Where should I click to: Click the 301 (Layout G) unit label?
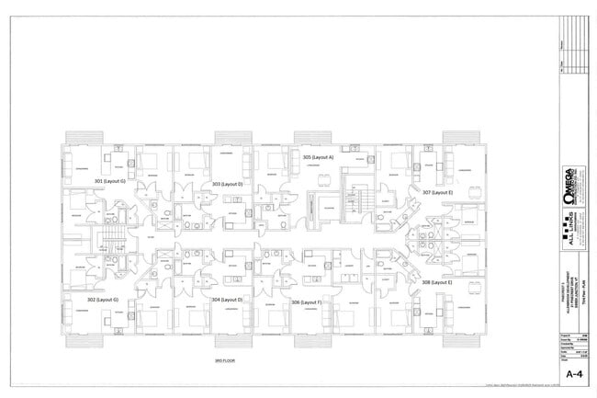tap(110, 182)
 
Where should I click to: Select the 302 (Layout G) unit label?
tap(104, 300)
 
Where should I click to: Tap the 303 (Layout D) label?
tap(227, 184)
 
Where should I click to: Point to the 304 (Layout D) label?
tap(227, 300)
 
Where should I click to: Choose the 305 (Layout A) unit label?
tap(318, 157)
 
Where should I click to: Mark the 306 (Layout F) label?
tap(306, 301)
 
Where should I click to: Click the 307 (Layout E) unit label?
tap(438, 192)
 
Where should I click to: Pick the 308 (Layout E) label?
tap(437, 283)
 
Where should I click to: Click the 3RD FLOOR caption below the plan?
tap(226, 361)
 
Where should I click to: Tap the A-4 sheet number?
tap(574, 375)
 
